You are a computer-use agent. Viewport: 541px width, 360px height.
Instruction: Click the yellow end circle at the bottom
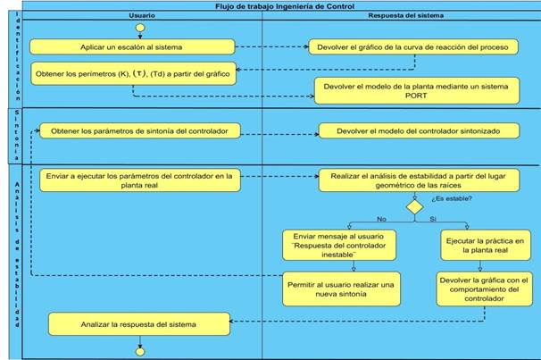pyautogui.click(x=139, y=351)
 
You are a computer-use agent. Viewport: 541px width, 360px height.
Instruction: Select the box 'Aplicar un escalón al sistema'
pyautogui.click(x=132, y=46)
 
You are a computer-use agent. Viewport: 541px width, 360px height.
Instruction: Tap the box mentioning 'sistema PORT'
pyautogui.click(x=416, y=90)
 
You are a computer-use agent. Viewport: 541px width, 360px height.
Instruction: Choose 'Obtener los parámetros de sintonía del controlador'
pyautogui.click(x=139, y=130)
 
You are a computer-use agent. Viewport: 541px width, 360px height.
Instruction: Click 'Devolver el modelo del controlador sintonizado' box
pyautogui.click(x=419, y=130)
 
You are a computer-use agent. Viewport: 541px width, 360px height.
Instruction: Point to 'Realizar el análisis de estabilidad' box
pyautogui.click(x=419, y=181)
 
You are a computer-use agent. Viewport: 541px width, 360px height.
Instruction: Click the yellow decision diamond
pyautogui.click(x=414, y=206)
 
